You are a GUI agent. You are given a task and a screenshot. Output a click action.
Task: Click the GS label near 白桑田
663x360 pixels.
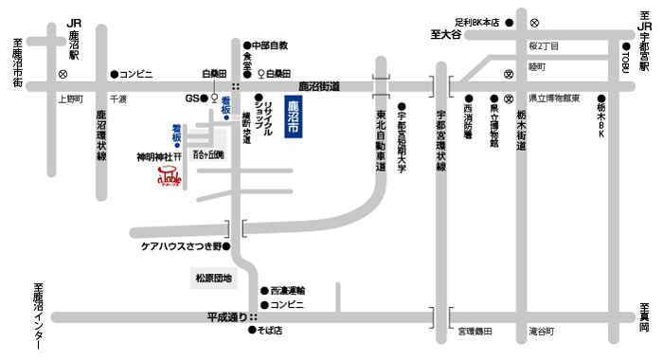[192, 98]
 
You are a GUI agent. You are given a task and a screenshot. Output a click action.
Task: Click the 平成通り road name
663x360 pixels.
[226, 316]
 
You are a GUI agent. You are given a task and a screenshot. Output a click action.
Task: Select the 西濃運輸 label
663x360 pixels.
[289, 290]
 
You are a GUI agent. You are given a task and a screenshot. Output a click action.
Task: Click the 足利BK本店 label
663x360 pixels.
[476, 20]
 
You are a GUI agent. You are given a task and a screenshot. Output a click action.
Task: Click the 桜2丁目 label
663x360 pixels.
[545, 45]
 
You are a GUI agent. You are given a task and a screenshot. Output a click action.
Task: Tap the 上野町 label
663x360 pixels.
[71, 98]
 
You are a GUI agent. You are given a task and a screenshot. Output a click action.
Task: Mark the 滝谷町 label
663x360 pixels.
[544, 332]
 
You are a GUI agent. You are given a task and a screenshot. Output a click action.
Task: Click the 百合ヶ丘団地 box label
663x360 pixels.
[209, 153]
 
